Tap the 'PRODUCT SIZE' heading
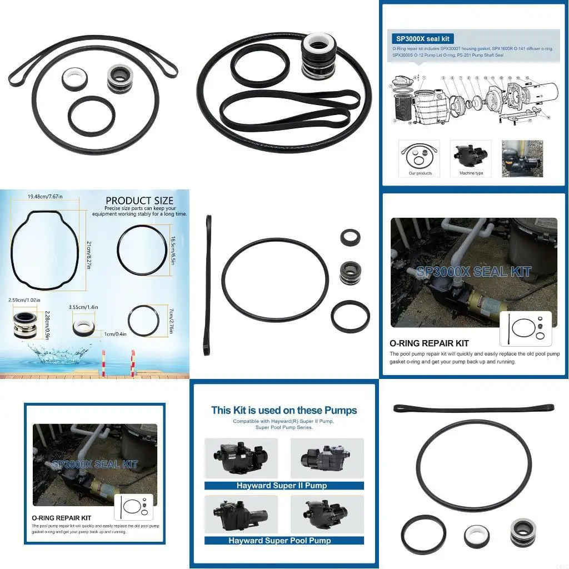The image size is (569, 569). (x=139, y=201)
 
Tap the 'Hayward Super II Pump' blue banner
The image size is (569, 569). (x=282, y=486)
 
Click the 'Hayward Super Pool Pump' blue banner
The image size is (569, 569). (x=283, y=540)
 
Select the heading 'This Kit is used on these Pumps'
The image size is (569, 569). (x=284, y=411)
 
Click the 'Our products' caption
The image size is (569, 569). (x=420, y=173)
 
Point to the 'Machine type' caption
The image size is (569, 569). (x=471, y=173)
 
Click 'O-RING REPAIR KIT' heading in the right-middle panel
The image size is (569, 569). (x=429, y=343)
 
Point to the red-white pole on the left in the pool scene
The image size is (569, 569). (x=103, y=362)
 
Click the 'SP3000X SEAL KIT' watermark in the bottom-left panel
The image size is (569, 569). (x=94, y=464)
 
